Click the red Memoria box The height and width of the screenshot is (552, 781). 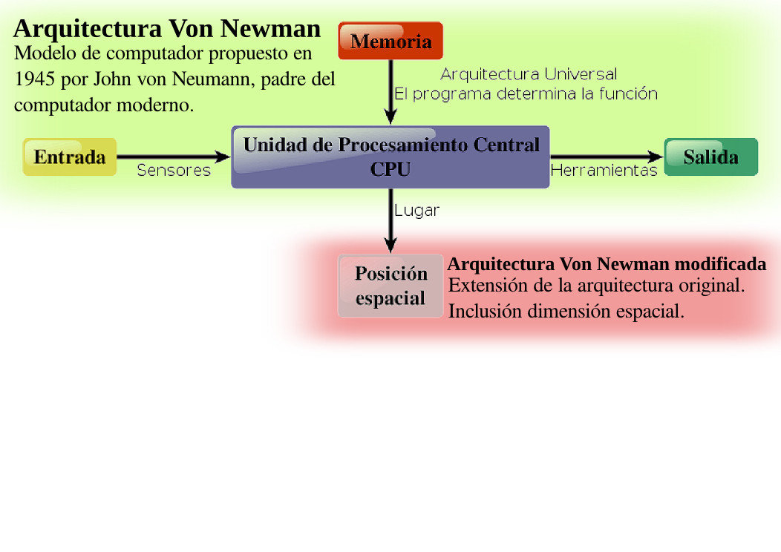(x=390, y=42)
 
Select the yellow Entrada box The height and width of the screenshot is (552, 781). (x=70, y=157)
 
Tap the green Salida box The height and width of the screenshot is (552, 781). (x=710, y=157)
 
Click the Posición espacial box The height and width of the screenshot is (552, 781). (x=390, y=286)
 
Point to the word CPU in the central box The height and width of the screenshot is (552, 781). (x=390, y=169)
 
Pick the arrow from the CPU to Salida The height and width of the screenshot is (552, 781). (x=606, y=157)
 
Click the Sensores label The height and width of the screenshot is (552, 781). (x=174, y=171)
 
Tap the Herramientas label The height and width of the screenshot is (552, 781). (x=604, y=171)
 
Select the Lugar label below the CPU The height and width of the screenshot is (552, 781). (x=416, y=211)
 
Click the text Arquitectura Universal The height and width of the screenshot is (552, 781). (x=529, y=74)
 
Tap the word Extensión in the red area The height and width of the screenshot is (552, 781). (x=487, y=285)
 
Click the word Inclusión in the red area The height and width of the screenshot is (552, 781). (x=485, y=312)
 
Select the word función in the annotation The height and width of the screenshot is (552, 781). (x=630, y=94)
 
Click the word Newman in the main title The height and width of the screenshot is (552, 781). (x=271, y=29)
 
